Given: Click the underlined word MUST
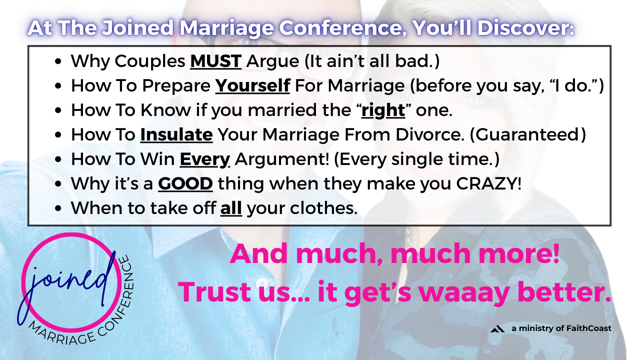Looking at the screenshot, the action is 215,61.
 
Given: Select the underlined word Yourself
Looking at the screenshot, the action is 252,85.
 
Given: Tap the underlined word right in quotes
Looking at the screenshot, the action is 383,110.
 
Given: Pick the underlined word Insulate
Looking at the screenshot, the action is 176,134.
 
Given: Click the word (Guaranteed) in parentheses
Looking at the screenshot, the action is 528,134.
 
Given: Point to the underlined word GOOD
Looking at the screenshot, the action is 185,183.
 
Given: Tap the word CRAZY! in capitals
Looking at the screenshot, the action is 489,183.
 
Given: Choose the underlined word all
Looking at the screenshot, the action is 231,208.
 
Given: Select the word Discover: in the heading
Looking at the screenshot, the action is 525,27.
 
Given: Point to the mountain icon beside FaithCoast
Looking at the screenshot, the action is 497,329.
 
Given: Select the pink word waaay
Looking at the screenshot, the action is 464,292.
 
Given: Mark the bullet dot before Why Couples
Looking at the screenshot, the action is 58,61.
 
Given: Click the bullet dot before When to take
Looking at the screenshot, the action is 58,208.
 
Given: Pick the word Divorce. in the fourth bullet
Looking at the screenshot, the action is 430,134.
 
